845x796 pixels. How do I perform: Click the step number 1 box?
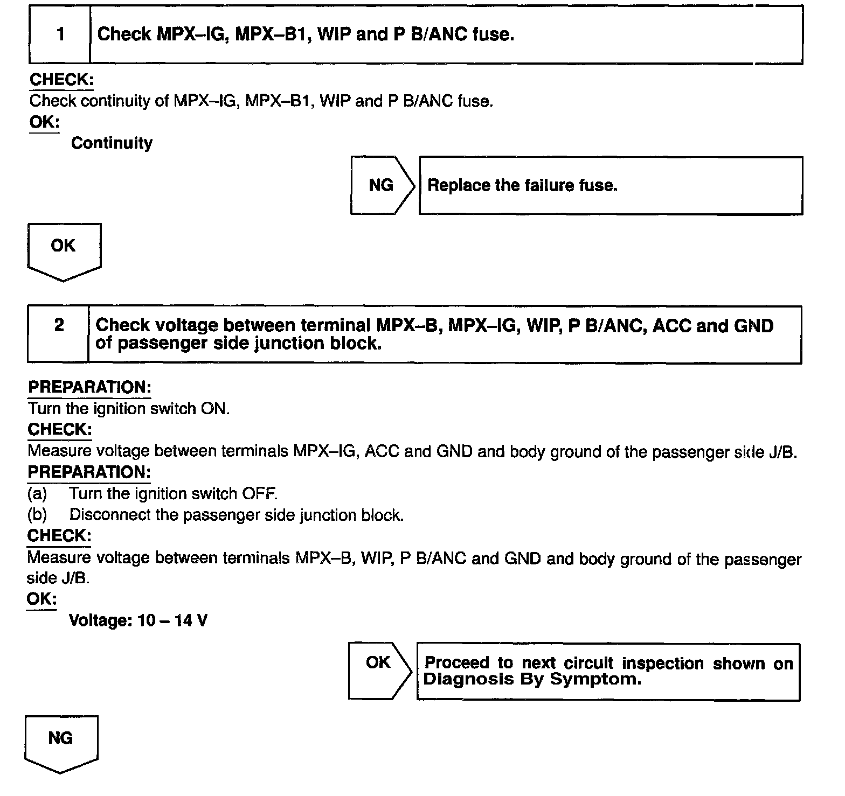[x=60, y=34]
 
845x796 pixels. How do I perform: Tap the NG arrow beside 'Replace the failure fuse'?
[x=382, y=185]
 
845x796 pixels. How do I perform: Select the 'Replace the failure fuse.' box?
[x=611, y=186]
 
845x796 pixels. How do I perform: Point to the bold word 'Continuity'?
[x=112, y=143]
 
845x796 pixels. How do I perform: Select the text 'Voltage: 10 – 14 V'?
[x=138, y=621]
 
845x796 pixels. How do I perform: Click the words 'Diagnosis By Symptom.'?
[x=532, y=679]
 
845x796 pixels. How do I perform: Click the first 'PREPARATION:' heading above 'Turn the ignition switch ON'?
[x=89, y=387]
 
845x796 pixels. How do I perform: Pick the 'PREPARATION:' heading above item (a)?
[x=89, y=472]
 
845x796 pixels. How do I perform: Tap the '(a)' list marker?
[x=37, y=494]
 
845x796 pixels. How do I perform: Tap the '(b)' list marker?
[x=37, y=515]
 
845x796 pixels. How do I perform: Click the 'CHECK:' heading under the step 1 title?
[x=61, y=80]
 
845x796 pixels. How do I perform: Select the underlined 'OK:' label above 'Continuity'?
[x=44, y=122]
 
